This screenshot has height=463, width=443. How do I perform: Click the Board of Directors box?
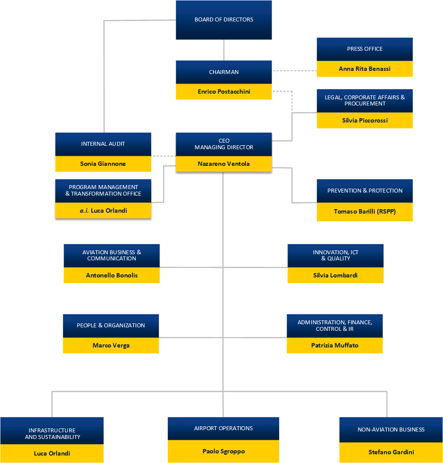(223, 20)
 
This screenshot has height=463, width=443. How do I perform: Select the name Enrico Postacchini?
(223, 92)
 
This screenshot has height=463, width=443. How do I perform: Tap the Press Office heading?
(365, 49)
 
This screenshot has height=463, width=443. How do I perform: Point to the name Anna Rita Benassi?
(365, 69)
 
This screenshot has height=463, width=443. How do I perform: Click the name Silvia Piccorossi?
(365, 120)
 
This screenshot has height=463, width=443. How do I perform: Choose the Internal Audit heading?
(103, 144)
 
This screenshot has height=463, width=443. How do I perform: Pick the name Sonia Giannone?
(103, 164)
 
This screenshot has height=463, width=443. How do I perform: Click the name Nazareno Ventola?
(223, 164)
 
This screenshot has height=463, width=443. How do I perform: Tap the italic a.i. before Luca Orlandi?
(84, 210)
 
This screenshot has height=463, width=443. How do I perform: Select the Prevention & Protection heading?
(365, 191)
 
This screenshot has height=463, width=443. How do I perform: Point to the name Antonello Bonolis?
(112, 275)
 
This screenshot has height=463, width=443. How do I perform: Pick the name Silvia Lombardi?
(335, 275)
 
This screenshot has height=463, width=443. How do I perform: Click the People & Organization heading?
(111, 326)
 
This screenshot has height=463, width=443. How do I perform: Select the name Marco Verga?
(111, 345)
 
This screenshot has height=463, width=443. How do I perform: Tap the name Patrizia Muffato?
(335, 345)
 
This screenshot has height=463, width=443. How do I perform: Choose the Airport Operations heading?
(223, 428)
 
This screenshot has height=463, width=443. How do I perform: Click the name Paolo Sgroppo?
(223, 451)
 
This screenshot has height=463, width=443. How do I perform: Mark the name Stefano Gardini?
(391, 452)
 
